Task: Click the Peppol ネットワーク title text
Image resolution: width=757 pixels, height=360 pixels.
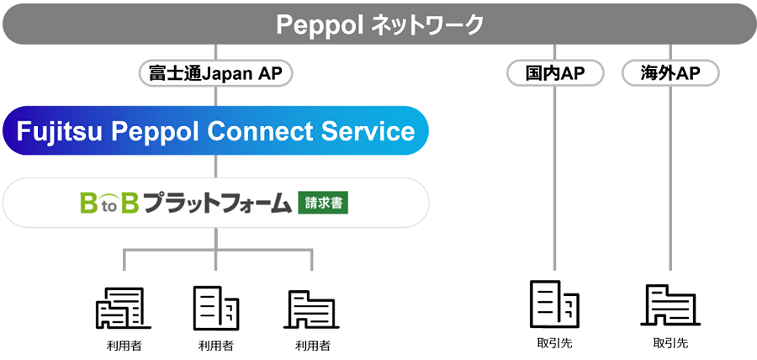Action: pyautogui.click(x=379, y=24)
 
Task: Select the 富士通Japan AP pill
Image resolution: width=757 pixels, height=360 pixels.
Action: pyautogui.click(x=215, y=74)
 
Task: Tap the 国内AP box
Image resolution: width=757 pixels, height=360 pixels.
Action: pyautogui.click(x=555, y=74)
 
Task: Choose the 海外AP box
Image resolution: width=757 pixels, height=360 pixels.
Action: pyautogui.click(x=670, y=74)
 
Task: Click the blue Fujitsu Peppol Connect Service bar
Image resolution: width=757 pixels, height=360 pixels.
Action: pyautogui.click(x=215, y=130)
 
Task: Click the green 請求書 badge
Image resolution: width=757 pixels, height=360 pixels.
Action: pyautogui.click(x=323, y=204)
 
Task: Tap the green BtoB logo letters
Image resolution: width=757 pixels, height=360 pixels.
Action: pyautogui.click(x=109, y=204)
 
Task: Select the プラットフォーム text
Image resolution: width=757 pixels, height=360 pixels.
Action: pyautogui.click(x=218, y=204)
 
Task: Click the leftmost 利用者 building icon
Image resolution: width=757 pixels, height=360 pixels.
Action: pyautogui.click(x=124, y=309)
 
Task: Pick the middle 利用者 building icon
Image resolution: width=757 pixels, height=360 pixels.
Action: pyautogui.click(x=216, y=308)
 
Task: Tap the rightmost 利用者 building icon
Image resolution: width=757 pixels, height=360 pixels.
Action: pyautogui.click(x=311, y=309)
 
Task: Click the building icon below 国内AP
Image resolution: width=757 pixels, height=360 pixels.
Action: pyautogui.click(x=555, y=303)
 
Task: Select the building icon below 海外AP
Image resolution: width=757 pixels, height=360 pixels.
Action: pyautogui.click(x=670, y=304)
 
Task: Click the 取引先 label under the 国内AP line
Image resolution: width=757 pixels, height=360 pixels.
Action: pyautogui.click(x=555, y=343)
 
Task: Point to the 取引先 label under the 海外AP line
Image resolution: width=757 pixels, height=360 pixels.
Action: pyautogui.click(x=670, y=343)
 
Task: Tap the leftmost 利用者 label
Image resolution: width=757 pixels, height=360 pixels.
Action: pyautogui.click(x=124, y=346)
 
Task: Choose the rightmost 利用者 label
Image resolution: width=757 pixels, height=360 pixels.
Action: pyautogui.click(x=313, y=346)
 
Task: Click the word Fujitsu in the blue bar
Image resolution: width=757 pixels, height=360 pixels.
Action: pyautogui.click(x=60, y=131)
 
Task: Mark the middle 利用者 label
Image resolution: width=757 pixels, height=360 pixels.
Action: pyautogui.click(x=216, y=346)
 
